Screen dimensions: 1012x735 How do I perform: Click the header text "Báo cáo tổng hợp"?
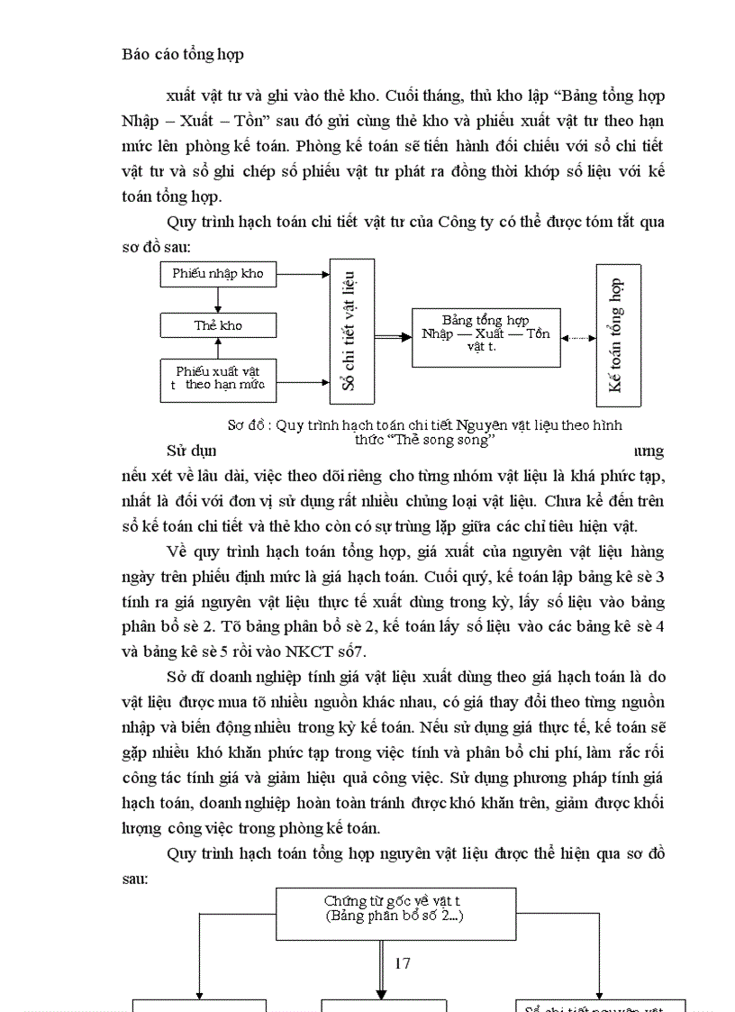coord(183,54)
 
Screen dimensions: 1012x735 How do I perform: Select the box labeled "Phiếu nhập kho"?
coord(218,273)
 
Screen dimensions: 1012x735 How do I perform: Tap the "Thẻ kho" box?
coord(218,325)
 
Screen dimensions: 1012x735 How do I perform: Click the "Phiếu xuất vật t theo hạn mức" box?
coord(218,378)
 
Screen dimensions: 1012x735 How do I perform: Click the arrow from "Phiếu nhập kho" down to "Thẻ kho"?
coord(218,300)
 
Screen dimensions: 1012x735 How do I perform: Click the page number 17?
coord(402,962)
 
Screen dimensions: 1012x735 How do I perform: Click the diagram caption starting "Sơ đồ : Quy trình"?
coord(424,425)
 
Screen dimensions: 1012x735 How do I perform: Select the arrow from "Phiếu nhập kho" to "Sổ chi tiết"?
coord(304,272)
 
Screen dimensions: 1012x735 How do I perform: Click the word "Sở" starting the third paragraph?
coord(177,676)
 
